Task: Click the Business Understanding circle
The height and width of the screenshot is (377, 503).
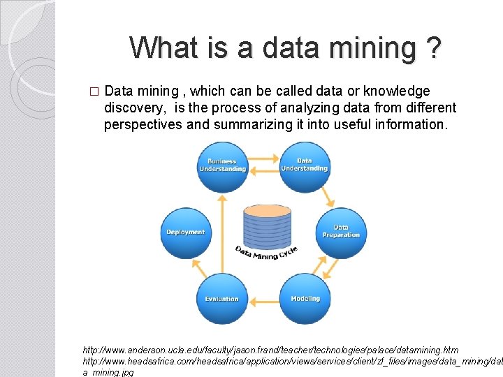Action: click(x=222, y=166)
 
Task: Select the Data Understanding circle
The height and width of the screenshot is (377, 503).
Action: click(x=305, y=166)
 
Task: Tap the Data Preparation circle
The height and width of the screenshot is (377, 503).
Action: click(x=341, y=232)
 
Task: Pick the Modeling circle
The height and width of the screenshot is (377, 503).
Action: click(x=305, y=299)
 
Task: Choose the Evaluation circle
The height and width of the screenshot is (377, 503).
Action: click(x=222, y=299)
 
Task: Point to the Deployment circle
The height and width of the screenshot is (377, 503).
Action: click(x=186, y=232)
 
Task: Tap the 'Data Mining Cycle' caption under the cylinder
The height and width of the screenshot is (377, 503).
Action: click(x=266, y=253)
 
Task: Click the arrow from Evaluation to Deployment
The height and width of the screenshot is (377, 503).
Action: click(x=198, y=269)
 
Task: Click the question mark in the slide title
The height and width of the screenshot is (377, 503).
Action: click(x=432, y=48)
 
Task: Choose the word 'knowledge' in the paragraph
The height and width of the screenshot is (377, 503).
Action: click(x=398, y=91)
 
